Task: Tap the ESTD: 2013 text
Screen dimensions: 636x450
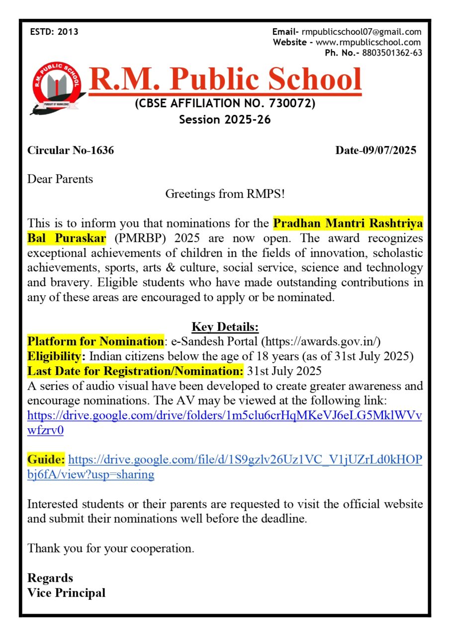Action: (x=54, y=32)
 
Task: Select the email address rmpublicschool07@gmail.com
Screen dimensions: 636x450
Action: (x=361, y=32)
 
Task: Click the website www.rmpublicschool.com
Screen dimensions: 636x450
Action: (x=368, y=42)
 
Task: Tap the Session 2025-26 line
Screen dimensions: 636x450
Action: (x=225, y=119)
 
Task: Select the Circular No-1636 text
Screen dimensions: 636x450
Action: (x=71, y=150)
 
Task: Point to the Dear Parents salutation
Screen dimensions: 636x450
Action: (x=60, y=179)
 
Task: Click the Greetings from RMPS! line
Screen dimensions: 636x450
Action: (x=225, y=194)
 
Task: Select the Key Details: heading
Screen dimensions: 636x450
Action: (x=225, y=327)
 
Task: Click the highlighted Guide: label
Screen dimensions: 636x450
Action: (x=46, y=460)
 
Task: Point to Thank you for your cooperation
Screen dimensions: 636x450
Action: (x=110, y=549)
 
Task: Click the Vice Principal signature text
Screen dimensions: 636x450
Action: (x=66, y=593)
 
